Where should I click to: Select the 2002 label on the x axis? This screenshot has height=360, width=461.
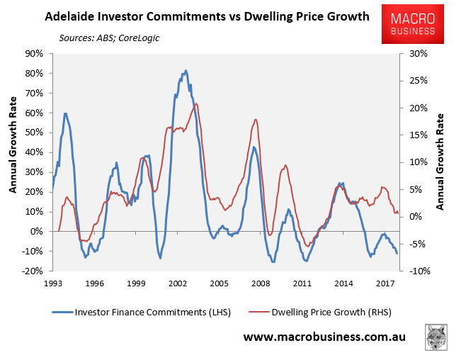pos(177,283)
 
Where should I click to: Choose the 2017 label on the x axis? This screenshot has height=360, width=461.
pos(385,283)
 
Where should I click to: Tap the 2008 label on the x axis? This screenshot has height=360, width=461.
pos(261,283)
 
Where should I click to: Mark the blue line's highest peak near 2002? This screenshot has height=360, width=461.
pos(186,71)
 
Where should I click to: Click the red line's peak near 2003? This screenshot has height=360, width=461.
pos(195,104)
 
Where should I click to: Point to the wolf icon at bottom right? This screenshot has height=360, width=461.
pos(436,337)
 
